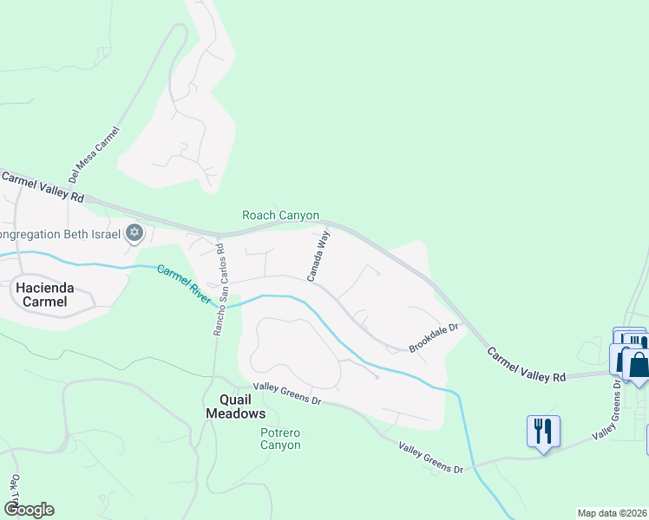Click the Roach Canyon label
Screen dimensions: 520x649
(280, 215)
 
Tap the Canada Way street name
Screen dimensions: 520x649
(318, 256)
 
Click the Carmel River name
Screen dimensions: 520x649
(184, 283)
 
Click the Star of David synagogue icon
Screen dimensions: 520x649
(134, 232)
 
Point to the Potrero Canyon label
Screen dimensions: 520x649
(280, 439)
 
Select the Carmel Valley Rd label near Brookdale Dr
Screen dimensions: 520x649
(526, 366)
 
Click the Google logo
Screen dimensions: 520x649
(29, 510)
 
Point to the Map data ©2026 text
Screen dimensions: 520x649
(612, 513)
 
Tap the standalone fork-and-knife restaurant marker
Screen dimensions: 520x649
(543, 431)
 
